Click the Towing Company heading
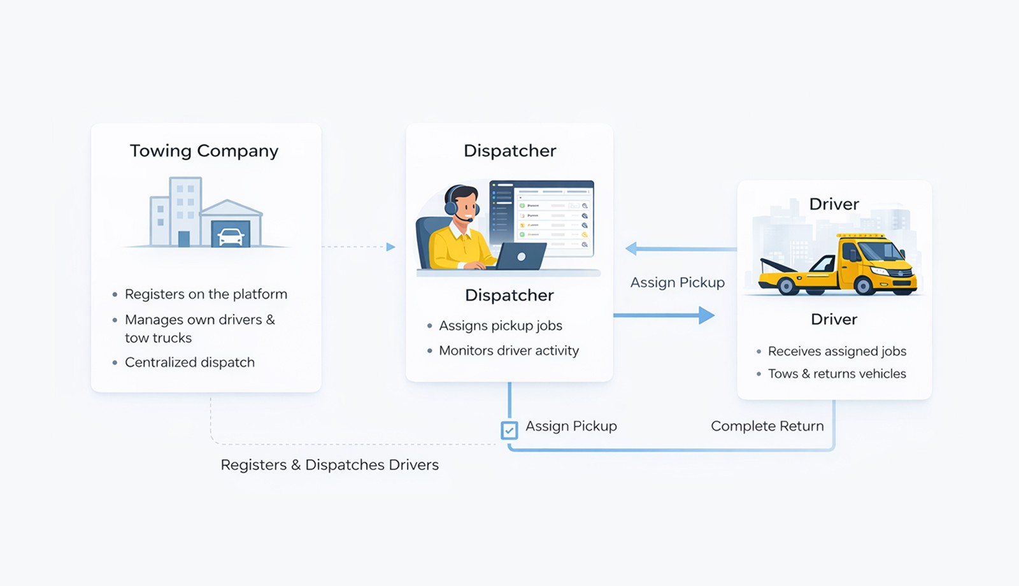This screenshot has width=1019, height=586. (204, 151)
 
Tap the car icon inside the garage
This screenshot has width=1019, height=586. (230, 237)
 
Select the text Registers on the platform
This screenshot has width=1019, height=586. (206, 294)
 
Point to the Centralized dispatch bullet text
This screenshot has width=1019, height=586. (189, 362)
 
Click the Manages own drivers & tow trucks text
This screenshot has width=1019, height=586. (199, 328)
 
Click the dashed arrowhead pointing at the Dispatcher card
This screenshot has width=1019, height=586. (390, 247)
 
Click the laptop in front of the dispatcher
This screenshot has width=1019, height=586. (521, 256)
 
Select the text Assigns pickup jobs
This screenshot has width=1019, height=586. (500, 325)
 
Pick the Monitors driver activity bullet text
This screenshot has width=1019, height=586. (508, 350)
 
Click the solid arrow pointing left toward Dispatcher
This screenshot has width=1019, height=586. (680, 248)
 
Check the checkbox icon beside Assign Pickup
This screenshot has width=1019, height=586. (509, 431)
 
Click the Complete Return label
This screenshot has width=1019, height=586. (767, 426)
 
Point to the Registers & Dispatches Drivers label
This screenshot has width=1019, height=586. (329, 465)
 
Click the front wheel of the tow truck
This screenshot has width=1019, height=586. (864, 285)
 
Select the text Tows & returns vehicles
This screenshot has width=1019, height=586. (836, 374)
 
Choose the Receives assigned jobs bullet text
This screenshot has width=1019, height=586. (836, 351)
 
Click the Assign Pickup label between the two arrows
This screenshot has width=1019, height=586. (677, 282)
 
